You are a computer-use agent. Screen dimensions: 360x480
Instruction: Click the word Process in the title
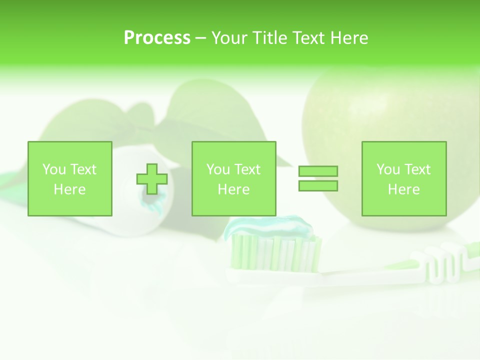tap(157, 38)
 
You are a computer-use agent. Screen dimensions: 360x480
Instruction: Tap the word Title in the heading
tap(270, 38)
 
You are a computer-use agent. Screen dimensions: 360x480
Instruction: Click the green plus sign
tap(152, 179)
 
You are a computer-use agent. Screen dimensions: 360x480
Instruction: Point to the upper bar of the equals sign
tap(318, 171)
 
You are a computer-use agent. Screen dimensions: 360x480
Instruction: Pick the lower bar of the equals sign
tap(318, 185)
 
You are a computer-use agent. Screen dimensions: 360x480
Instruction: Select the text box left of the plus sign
tap(70, 178)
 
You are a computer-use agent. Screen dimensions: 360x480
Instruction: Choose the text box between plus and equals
tap(234, 178)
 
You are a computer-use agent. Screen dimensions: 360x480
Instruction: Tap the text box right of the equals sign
tap(404, 178)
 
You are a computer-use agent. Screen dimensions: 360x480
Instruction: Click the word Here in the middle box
tap(234, 189)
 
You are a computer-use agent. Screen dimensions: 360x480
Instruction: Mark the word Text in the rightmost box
tap(417, 169)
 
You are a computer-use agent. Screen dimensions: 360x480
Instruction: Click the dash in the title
tap(200, 38)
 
